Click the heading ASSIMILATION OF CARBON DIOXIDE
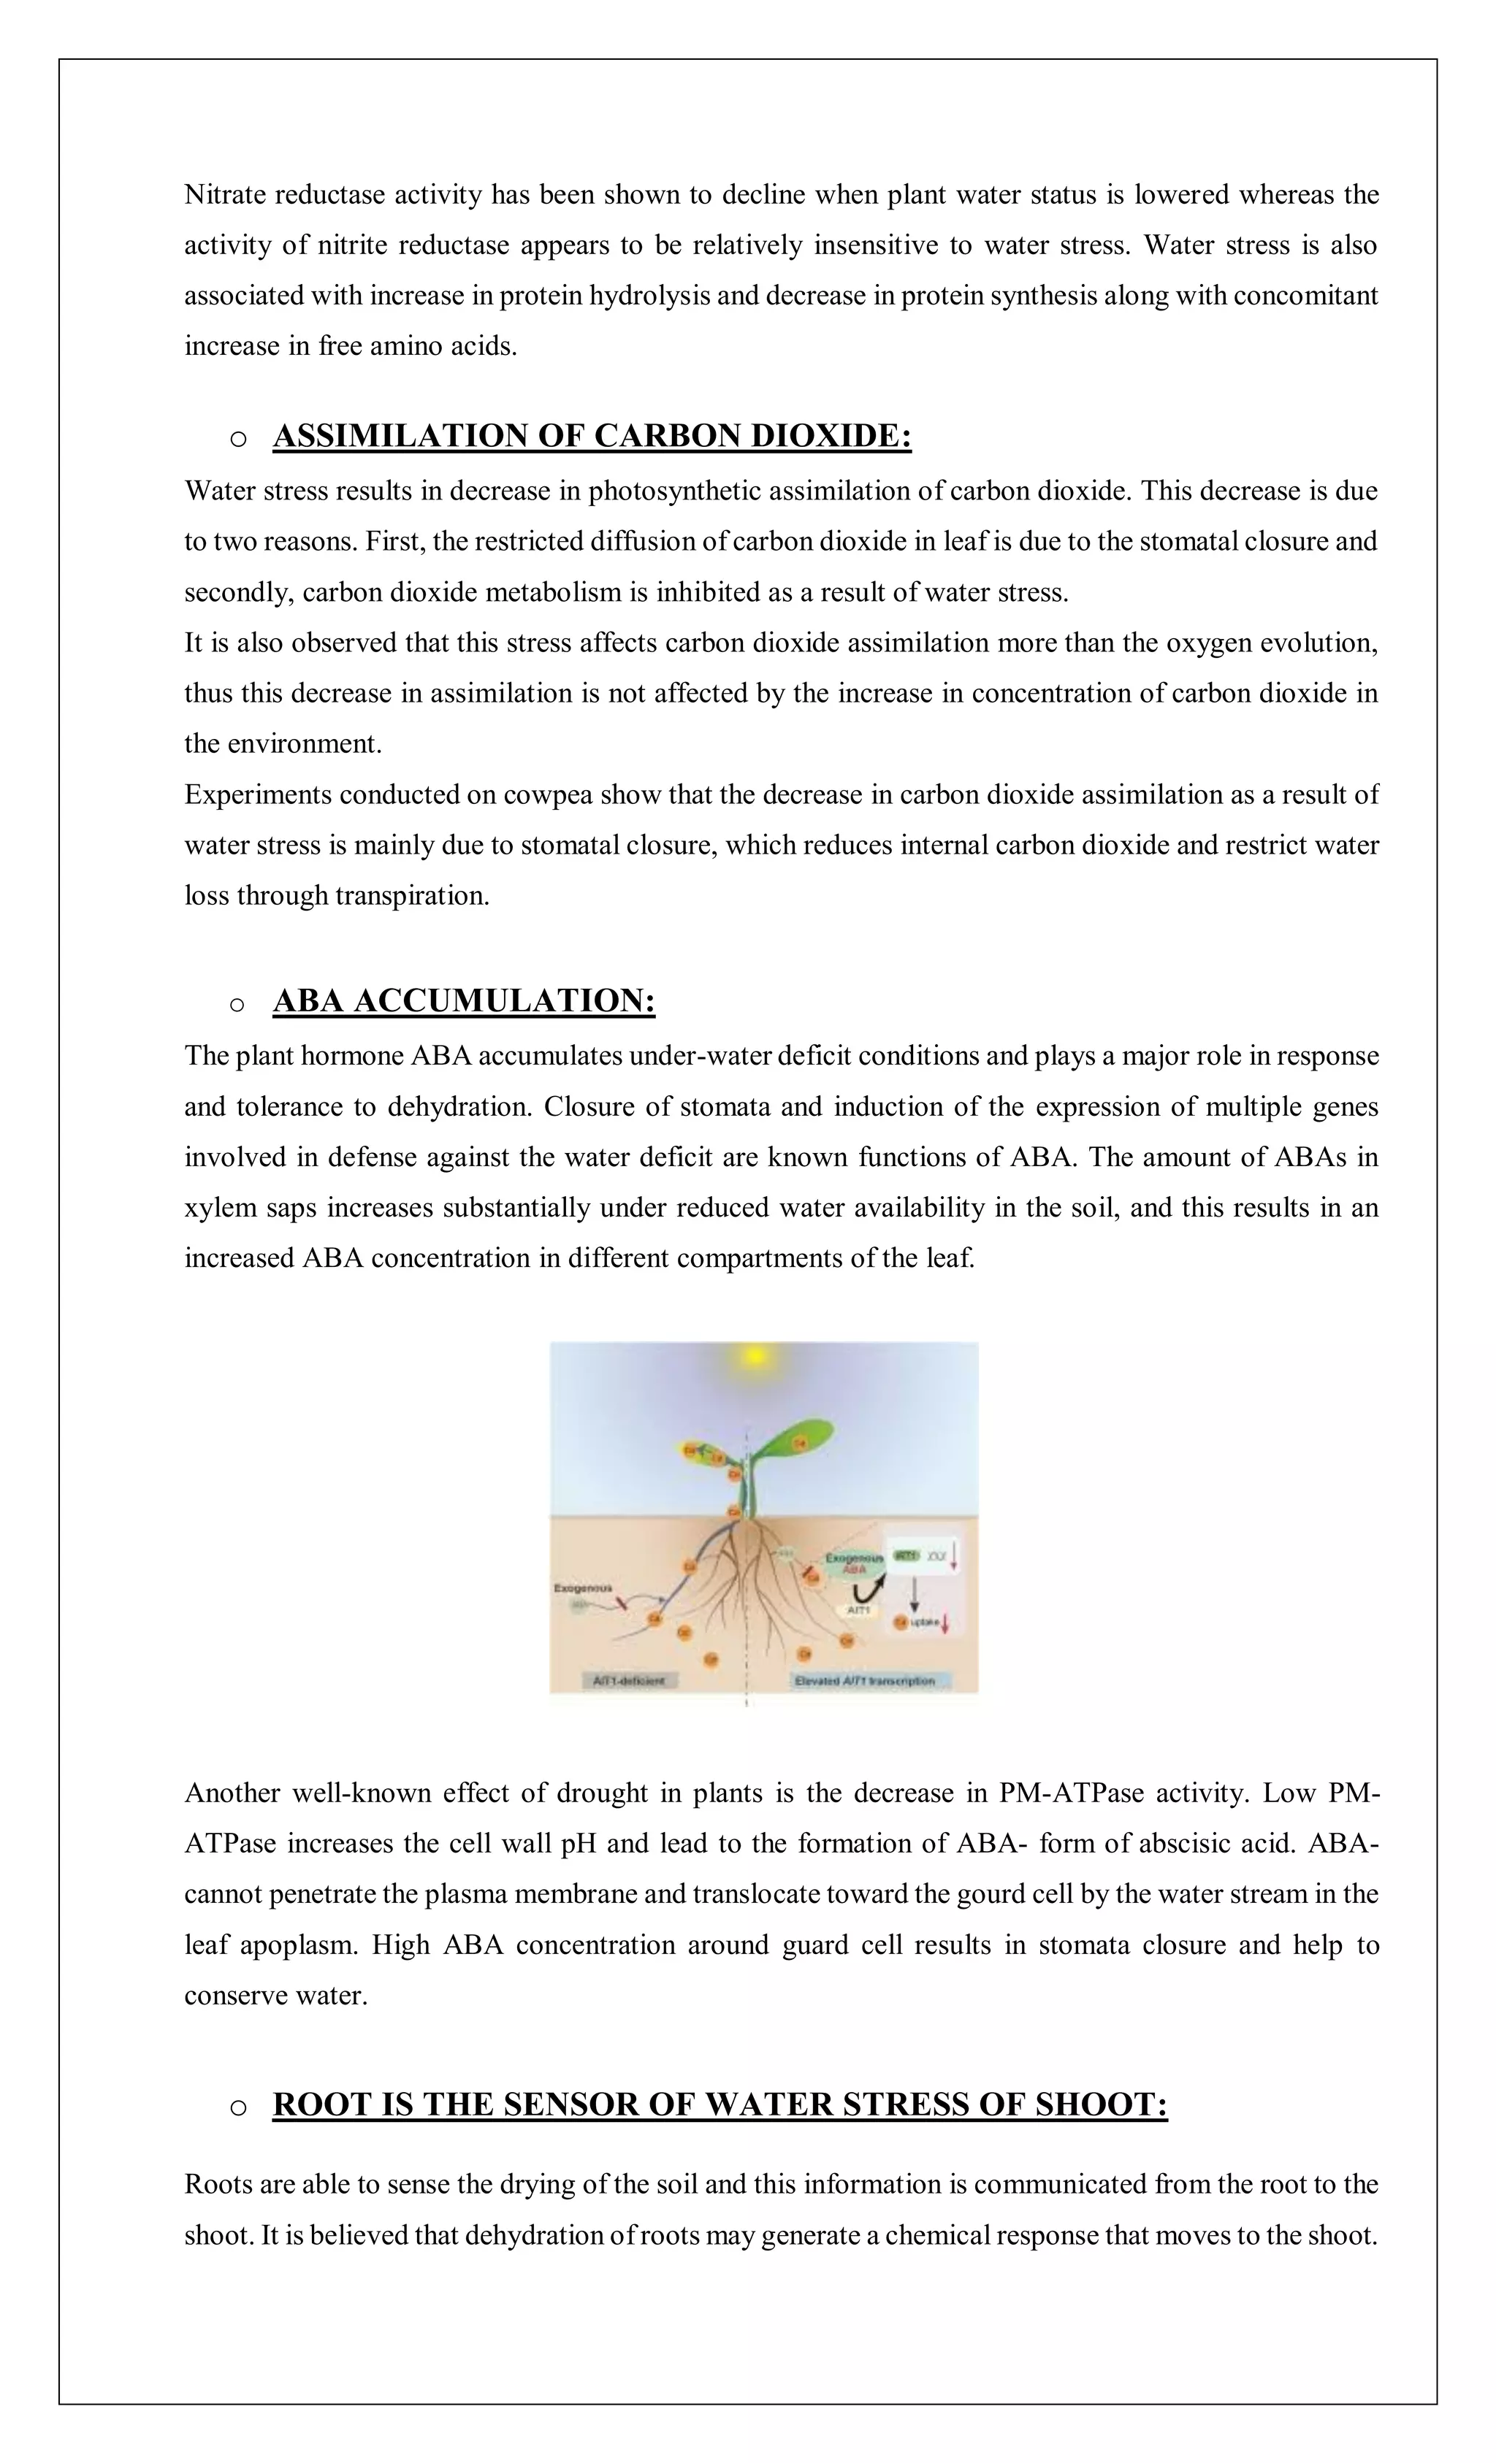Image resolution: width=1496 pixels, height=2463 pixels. click(x=591, y=436)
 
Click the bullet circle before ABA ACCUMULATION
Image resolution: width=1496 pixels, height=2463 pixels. click(x=237, y=1003)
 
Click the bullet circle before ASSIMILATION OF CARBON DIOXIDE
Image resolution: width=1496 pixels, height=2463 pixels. click(x=237, y=439)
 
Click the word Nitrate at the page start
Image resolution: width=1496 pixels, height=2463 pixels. click(x=225, y=195)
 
